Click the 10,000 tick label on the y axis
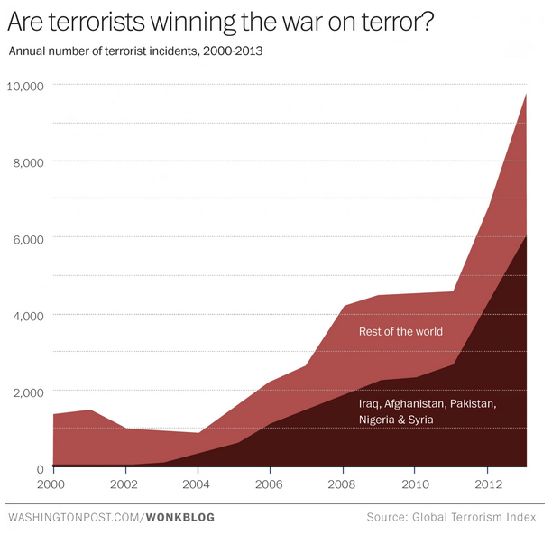coord(26,87)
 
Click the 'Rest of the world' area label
coord(400,332)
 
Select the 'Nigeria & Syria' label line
coord(396,420)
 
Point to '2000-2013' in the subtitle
coord(234,50)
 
